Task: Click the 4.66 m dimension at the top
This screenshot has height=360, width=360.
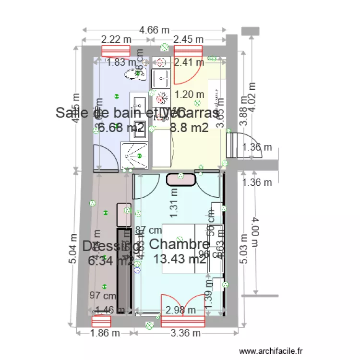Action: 155,30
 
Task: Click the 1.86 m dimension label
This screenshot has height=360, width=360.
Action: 106,333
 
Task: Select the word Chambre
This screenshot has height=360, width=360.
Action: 180,244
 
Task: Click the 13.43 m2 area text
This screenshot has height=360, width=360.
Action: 180,259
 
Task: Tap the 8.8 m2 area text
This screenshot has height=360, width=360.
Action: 189,127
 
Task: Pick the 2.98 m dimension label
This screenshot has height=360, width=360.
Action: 180,310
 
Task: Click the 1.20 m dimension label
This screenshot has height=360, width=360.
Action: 189,95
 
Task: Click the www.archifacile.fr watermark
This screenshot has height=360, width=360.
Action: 271,352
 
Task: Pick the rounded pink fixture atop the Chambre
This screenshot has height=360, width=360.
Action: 181,180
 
